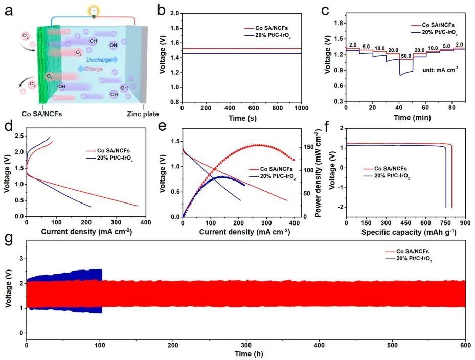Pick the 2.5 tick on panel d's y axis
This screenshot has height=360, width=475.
pyautogui.click(x=20, y=136)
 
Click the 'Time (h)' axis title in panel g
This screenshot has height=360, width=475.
pyautogui.click(x=246, y=353)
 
